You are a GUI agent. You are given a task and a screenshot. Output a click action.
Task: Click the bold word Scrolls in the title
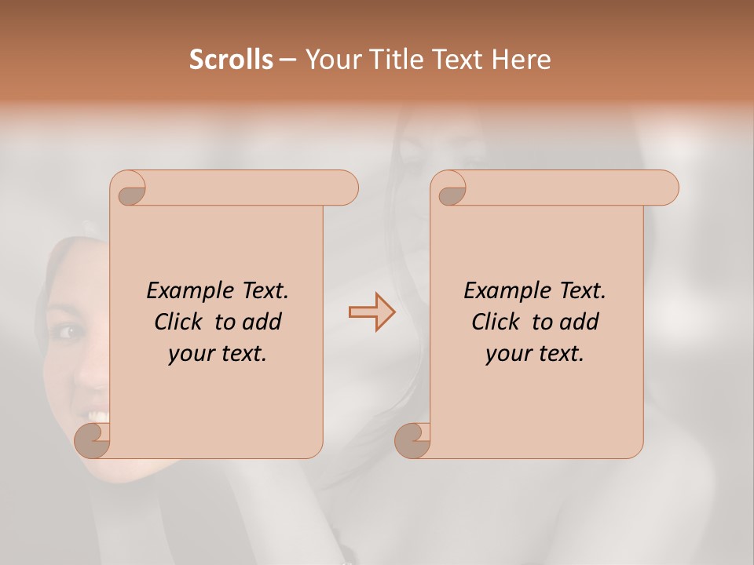(232, 60)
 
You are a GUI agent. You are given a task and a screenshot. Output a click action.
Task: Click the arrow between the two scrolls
(372, 312)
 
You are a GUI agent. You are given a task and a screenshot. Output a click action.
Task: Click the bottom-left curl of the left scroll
(93, 440)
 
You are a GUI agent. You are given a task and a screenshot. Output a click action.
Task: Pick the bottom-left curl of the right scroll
(412, 440)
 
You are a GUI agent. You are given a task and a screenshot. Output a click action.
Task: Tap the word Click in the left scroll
(180, 322)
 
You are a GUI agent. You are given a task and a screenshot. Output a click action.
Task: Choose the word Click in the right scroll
(497, 322)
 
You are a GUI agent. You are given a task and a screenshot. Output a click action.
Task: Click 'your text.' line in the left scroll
(218, 353)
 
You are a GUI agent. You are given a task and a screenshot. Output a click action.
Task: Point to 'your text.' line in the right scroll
(535, 353)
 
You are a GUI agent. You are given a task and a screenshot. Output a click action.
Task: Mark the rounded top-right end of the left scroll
(346, 188)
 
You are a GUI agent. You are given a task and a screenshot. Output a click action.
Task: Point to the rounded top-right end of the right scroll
(666, 188)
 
